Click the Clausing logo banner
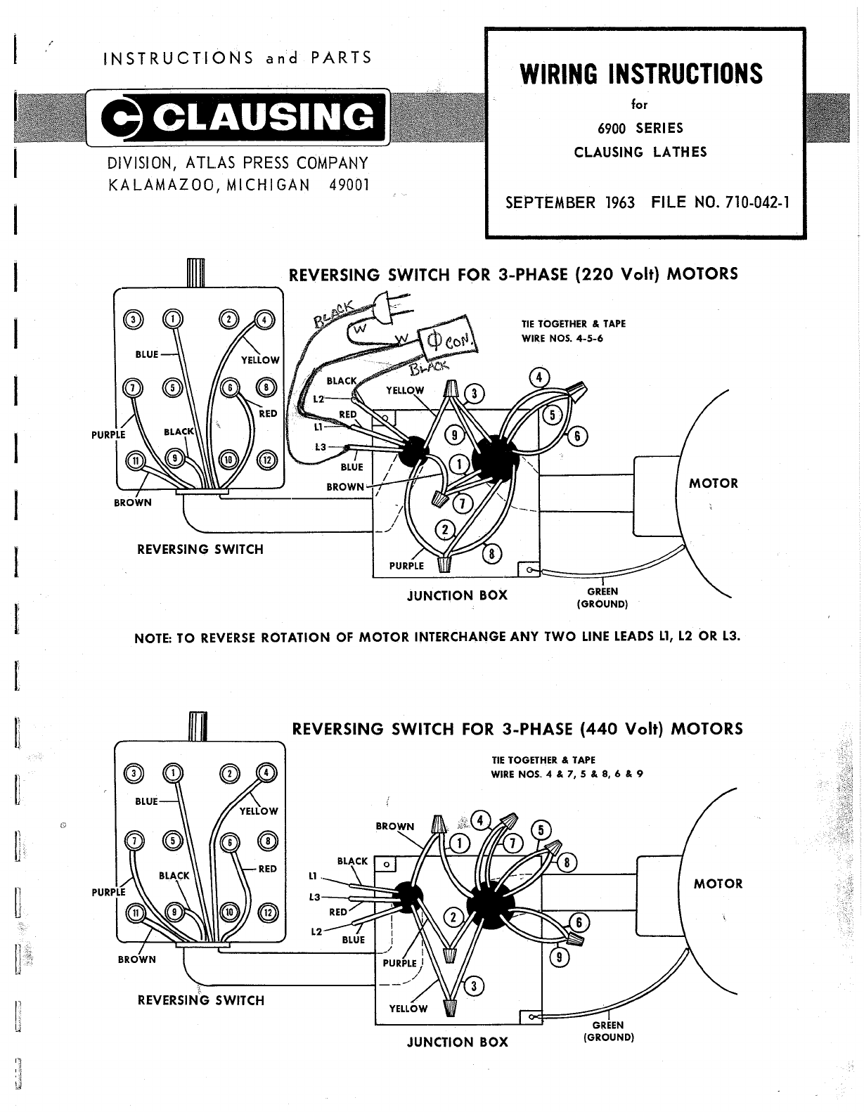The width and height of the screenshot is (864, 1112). click(238, 117)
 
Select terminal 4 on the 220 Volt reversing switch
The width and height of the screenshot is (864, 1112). click(264, 319)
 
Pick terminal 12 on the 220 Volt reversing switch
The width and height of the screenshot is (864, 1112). click(266, 460)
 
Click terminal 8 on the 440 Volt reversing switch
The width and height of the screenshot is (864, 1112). click(267, 841)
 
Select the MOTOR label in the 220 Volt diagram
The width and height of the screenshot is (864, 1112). click(714, 484)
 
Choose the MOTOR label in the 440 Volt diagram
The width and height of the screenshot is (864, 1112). click(718, 884)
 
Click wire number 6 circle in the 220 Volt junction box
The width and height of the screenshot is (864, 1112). click(576, 437)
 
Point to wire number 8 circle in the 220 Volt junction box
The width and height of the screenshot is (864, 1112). click(491, 555)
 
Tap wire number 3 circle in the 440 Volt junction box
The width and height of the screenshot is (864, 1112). click(474, 985)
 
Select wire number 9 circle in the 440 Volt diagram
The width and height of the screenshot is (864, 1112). click(560, 956)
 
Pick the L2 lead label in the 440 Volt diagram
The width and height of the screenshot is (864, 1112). click(316, 931)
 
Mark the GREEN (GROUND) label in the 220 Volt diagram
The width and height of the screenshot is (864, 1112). click(602, 597)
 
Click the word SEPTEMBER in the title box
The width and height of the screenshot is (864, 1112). click(549, 202)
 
